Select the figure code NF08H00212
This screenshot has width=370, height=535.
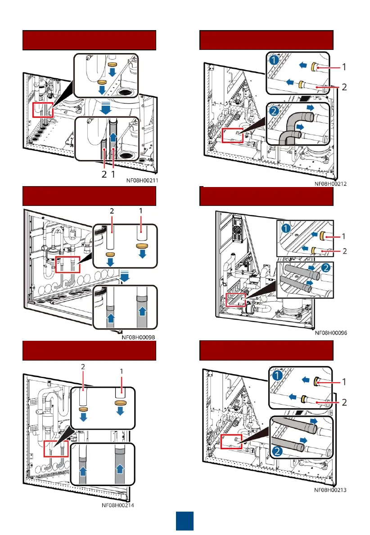coord(333,183)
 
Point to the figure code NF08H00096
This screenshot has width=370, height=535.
coord(332,333)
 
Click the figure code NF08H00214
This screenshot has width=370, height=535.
coord(118,505)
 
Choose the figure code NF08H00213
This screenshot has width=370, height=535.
coord(332,490)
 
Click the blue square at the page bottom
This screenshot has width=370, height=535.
coord(185,521)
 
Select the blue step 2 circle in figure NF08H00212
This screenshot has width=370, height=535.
coord(273,111)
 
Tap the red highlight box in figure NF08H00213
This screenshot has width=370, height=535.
coord(232,441)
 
